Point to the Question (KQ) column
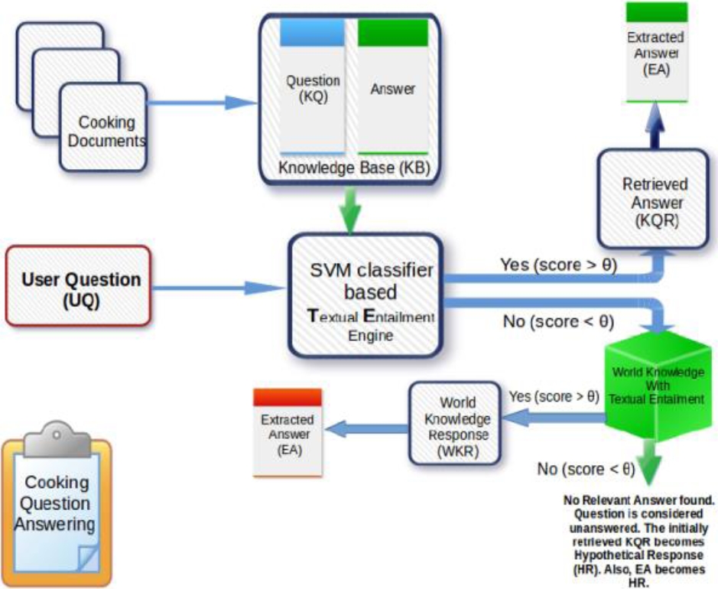[313, 88]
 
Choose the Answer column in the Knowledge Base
[392, 88]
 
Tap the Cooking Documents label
[107, 131]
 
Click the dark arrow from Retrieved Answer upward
[655, 125]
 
